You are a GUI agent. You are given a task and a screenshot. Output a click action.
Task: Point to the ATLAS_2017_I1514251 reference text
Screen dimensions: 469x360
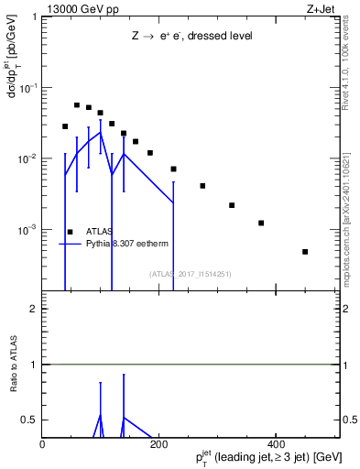coord(190,273)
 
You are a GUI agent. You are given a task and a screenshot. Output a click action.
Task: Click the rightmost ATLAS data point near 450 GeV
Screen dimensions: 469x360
coord(305,251)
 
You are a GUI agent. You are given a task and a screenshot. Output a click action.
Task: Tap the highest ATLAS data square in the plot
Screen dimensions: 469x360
coord(77,105)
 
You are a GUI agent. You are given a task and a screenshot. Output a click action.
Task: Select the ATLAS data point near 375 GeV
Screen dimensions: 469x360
coord(261,223)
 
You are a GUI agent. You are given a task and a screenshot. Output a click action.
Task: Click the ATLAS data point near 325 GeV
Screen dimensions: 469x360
coord(232,205)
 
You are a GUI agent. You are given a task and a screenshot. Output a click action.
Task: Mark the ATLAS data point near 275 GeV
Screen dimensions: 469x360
coord(202,186)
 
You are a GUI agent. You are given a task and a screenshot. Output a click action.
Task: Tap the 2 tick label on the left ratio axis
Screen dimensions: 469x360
coord(34,310)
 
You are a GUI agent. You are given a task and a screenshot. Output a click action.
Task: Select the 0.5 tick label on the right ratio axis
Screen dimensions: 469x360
coord(349,420)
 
